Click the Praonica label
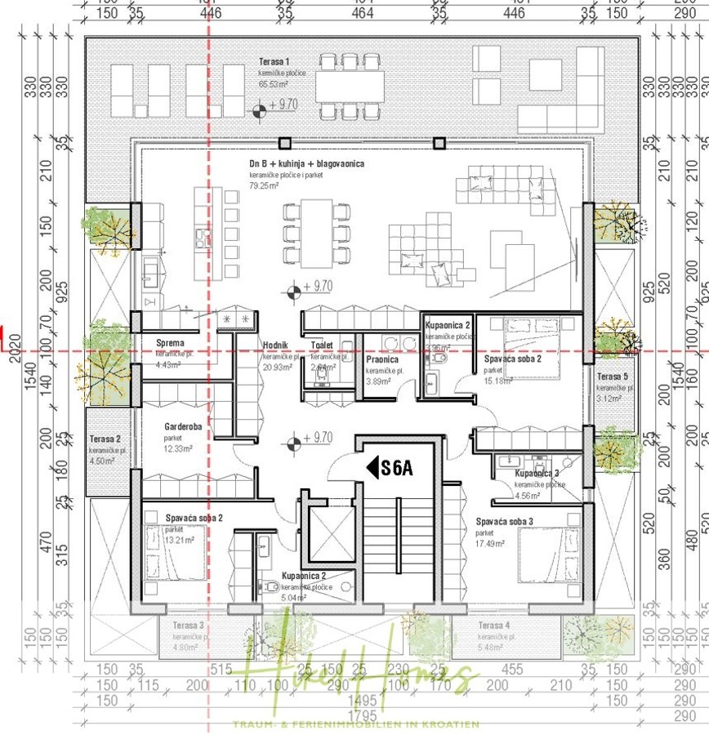(x=382, y=359)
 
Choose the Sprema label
(x=170, y=343)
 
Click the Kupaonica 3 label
(x=537, y=474)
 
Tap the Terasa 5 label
(x=613, y=376)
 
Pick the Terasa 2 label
(x=105, y=439)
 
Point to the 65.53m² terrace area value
(x=274, y=84)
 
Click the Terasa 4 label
(x=493, y=626)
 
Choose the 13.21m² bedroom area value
(x=179, y=540)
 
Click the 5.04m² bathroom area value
(x=293, y=598)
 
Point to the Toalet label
(x=323, y=345)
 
